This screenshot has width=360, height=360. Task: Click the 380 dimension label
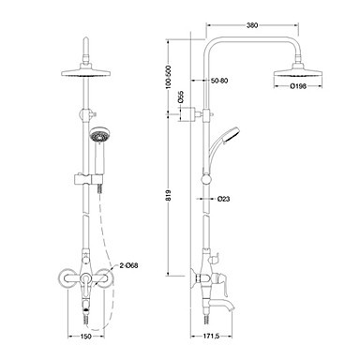252,25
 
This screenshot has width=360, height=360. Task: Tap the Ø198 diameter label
298,86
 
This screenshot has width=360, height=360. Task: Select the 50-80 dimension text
219,81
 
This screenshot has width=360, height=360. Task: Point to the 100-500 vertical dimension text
169,78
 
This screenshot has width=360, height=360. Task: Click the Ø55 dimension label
180,97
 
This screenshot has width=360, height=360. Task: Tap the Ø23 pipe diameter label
223,199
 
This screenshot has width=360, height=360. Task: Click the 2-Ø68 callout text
128,266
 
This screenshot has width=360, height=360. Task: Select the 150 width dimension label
86,337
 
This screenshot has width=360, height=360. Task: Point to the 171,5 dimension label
212,337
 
